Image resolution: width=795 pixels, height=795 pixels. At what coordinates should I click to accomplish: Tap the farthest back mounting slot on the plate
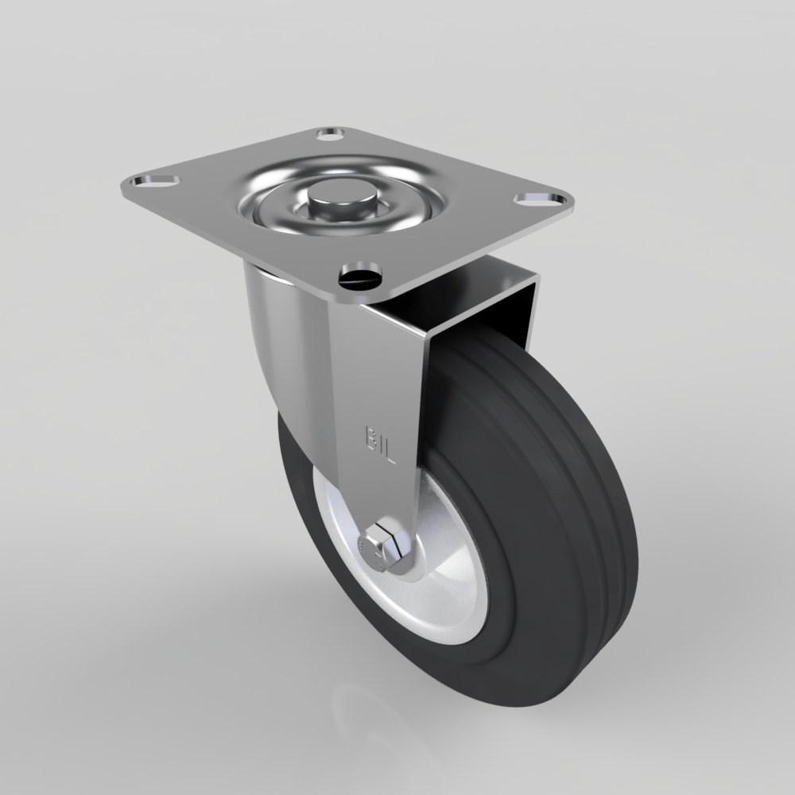[332, 134]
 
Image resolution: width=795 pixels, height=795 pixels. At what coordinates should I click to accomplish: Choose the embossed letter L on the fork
[389, 455]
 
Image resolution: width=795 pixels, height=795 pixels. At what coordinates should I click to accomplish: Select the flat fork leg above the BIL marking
[374, 366]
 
